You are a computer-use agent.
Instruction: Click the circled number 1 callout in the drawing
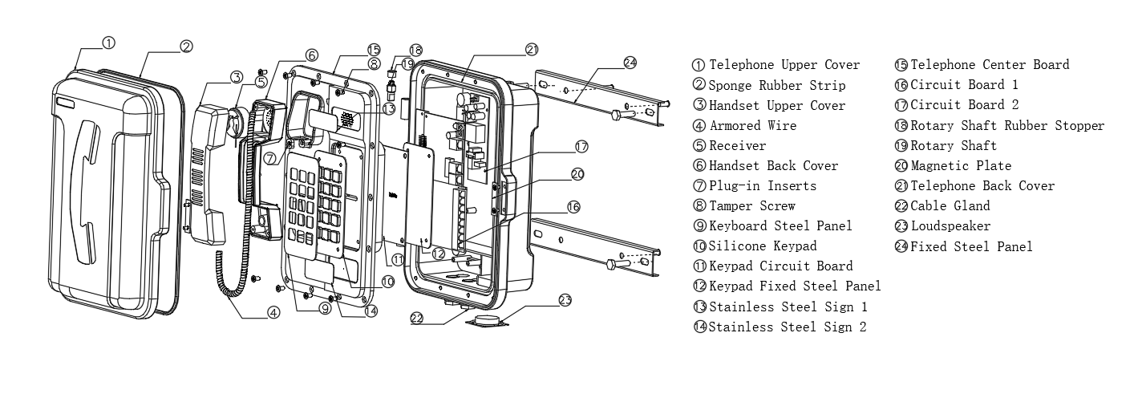[x=109, y=42]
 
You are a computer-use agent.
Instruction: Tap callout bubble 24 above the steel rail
[x=630, y=62]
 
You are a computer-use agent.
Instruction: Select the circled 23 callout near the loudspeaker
[x=565, y=301]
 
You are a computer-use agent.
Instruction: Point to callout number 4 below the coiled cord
[x=273, y=313]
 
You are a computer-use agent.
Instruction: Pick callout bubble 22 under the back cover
[x=417, y=318]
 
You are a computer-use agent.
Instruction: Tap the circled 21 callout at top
[x=532, y=49]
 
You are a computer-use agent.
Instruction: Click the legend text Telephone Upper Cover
[x=784, y=65]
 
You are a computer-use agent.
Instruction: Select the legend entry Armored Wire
[x=752, y=125]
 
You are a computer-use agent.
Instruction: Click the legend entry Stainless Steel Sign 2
[x=787, y=327]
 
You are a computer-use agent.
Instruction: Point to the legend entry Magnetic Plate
[x=961, y=166]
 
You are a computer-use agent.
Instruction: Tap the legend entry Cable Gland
[x=950, y=206]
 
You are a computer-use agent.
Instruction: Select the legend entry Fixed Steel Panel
[x=971, y=247]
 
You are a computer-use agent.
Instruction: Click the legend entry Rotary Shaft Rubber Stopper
[x=1007, y=126]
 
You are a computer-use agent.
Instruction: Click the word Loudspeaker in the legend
[x=950, y=226]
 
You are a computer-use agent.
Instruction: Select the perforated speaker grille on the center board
[x=346, y=120]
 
